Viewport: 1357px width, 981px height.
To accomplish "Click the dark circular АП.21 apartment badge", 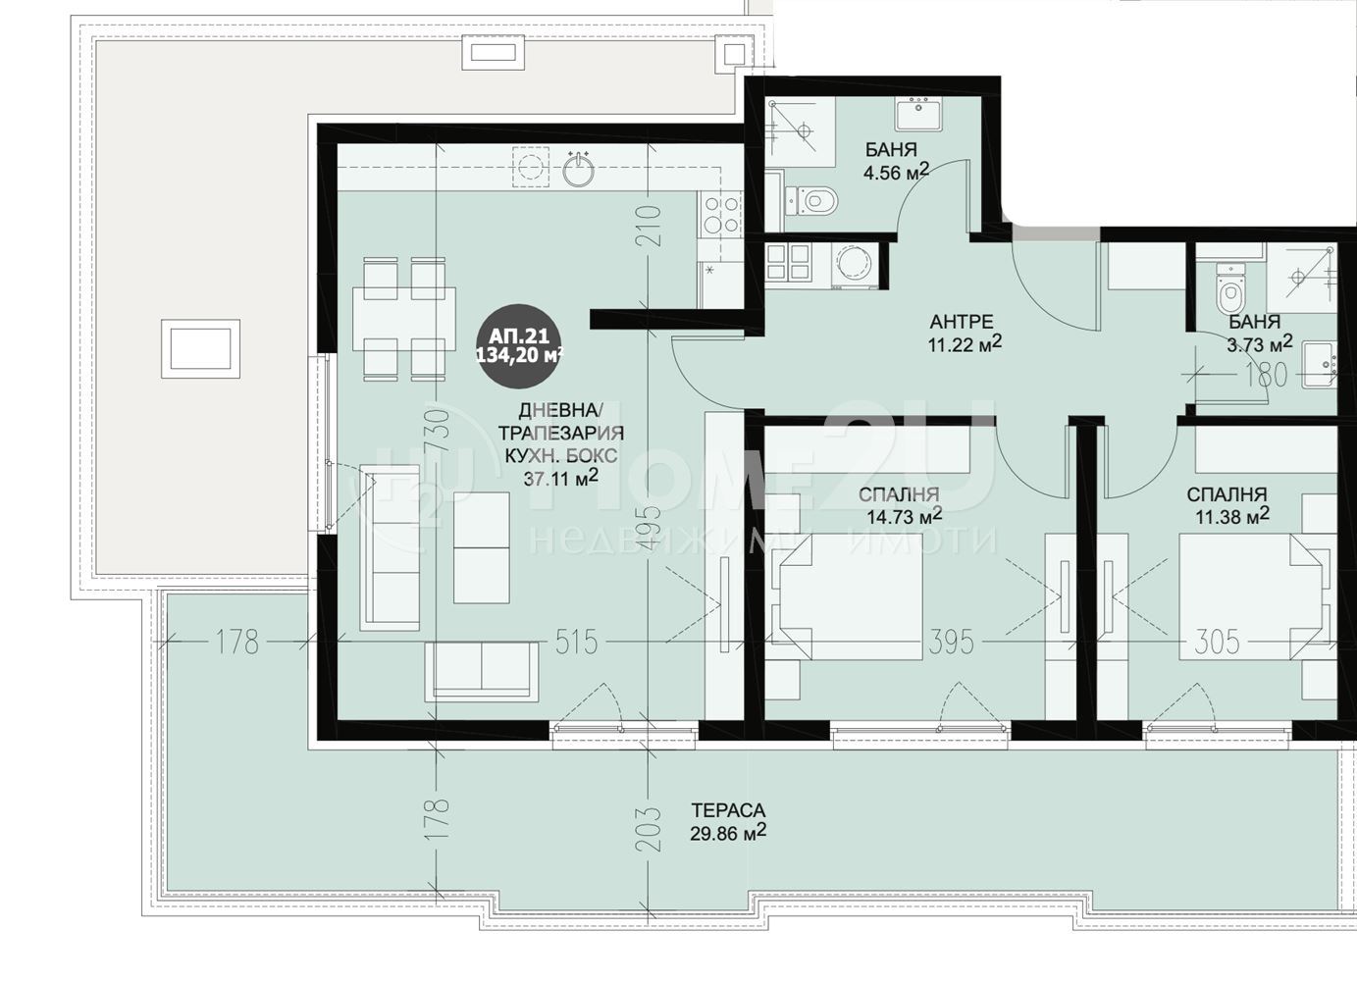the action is [519, 345].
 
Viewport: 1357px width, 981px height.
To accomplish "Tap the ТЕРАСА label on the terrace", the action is [728, 810].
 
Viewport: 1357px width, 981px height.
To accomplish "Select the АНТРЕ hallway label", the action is [962, 321].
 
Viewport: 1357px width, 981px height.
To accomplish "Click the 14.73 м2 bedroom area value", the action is [904, 517].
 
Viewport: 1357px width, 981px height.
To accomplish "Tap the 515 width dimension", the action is [576, 642].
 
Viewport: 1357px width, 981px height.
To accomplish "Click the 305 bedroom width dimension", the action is [1217, 642].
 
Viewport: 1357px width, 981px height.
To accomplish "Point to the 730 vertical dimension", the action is [440, 433].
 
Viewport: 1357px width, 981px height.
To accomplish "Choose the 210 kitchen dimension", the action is [649, 226].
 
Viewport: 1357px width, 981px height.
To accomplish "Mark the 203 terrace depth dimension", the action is [649, 828].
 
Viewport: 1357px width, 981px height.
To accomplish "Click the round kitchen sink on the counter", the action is [579, 170].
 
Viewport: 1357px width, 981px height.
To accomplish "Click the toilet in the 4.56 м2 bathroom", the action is [812, 200].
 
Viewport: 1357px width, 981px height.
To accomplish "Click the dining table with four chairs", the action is [404, 319].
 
